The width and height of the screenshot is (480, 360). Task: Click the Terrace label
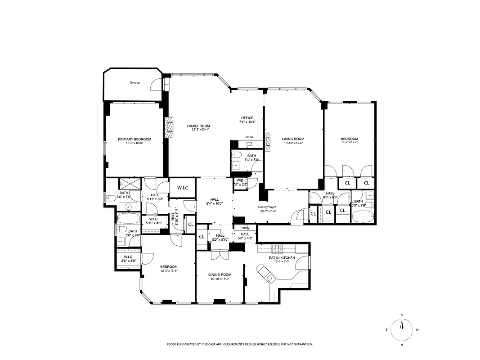[x=135, y=83]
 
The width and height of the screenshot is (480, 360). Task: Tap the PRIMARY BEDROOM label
[x=135, y=139]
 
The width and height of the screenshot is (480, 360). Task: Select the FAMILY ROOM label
[x=198, y=126]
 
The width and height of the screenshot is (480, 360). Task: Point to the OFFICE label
[x=247, y=118]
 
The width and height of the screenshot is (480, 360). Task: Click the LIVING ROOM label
[x=293, y=139]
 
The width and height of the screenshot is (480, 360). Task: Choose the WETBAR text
[x=249, y=137]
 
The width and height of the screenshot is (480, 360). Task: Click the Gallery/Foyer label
[x=266, y=207]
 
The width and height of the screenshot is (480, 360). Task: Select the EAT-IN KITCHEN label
[x=282, y=258]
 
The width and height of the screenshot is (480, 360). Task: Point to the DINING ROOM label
[x=220, y=274]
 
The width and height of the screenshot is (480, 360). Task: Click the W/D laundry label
[x=240, y=180]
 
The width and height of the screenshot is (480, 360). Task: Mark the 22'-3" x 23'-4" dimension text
[x=198, y=130]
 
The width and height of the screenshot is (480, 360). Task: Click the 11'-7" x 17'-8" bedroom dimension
[x=349, y=143]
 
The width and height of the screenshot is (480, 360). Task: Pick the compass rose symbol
[x=402, y=330]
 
